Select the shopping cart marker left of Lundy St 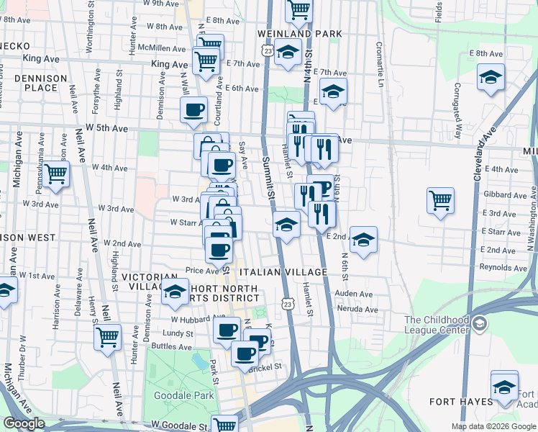point(107,336)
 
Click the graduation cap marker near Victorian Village point(174,292)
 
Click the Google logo point(24,423)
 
